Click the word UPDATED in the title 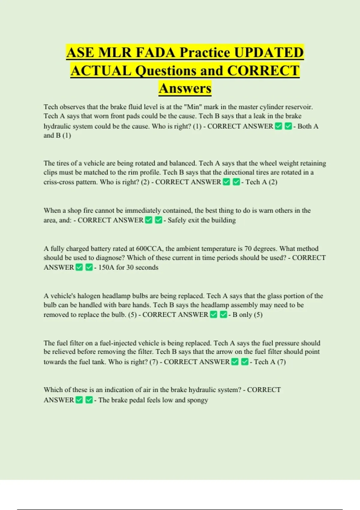tap(268, 53)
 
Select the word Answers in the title tap(185, 88)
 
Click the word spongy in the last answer tap(197, 400)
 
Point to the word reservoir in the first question tap(298, 107)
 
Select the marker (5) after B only tap(258, 315)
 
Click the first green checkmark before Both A tap(279, 126)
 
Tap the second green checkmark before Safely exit tap(158, 220)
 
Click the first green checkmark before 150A tap(79, 267)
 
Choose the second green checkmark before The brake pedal tap(89, 400)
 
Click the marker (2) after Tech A tap(273, 182)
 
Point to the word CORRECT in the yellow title tap(263, 71)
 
